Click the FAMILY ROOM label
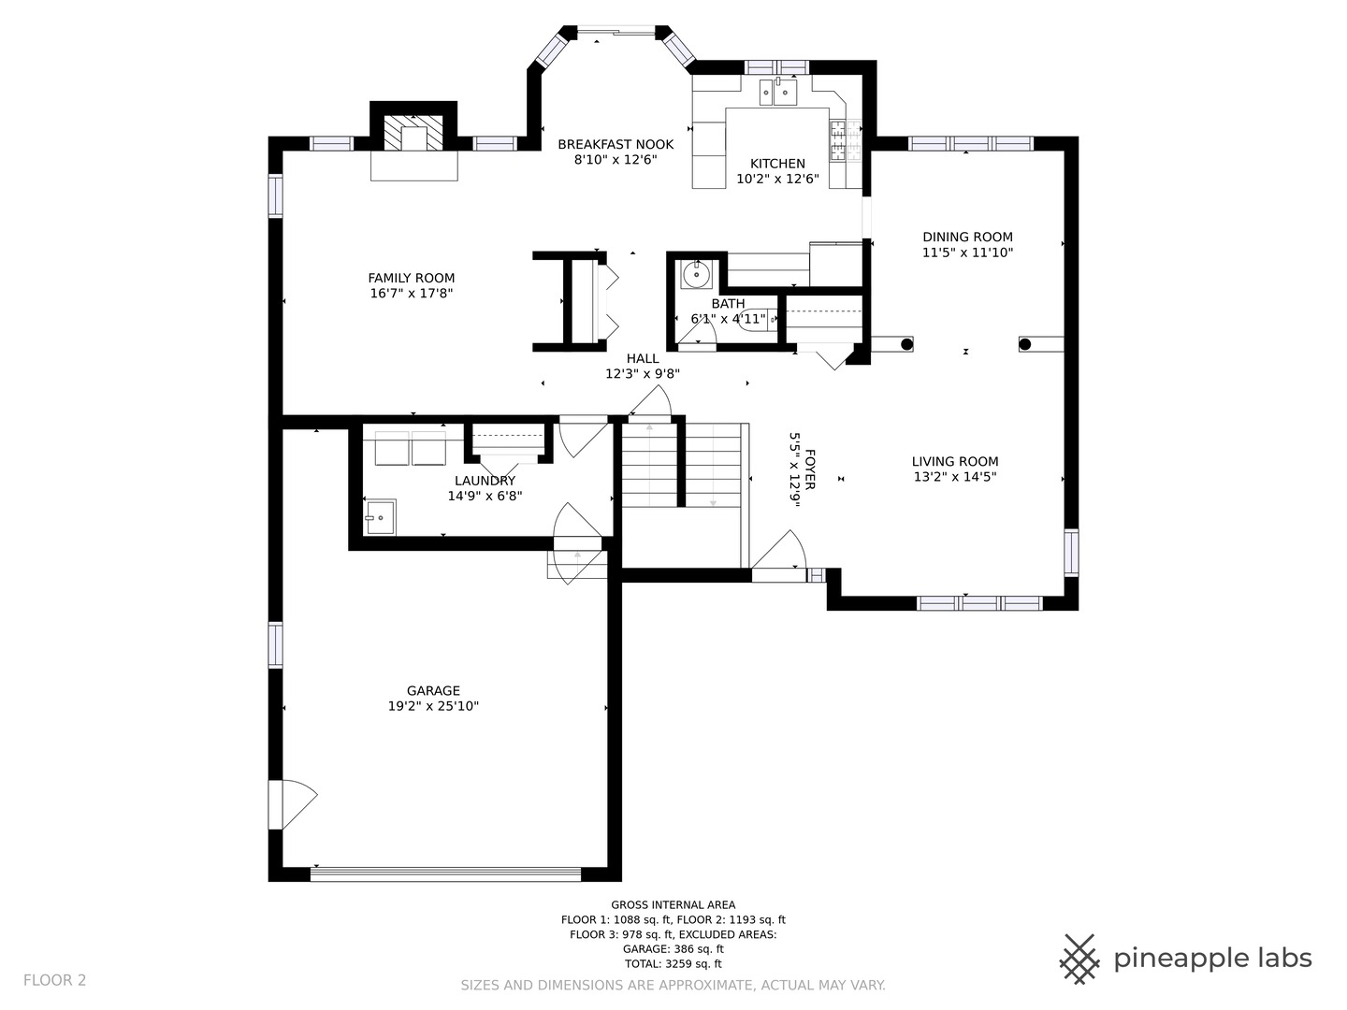tap(412, 278)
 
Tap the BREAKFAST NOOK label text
tap(616, 145)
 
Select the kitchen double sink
tap(778, 92)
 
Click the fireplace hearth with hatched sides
tap(413, 133)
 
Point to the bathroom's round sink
tap(697, 273)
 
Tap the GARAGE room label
tap(433, 690)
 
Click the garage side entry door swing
tap(292, 804)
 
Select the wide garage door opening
tap(445, 873)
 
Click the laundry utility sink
tap(381, 517)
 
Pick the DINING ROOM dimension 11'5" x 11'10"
tap(968, 252)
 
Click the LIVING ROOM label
tap(955, 462)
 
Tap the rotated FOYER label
tap(810, 469)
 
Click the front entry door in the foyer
tap(779, 555)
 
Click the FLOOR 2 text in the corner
tap(54, 981)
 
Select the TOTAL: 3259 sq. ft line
tap(673, 964)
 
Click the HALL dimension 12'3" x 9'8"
tap(643, 374)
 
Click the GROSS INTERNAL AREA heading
tap(673, 904)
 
